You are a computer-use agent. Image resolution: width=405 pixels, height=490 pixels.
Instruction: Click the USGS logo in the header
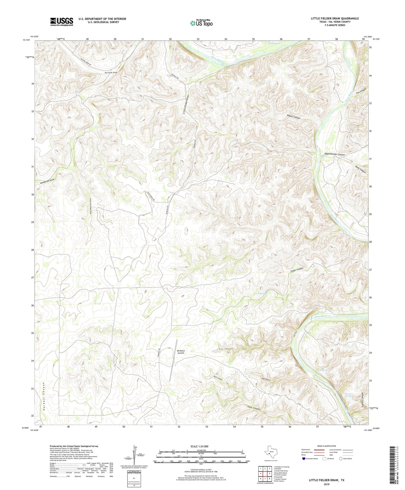point(62,22)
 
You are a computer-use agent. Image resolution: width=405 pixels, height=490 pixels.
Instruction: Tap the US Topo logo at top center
point(201,23)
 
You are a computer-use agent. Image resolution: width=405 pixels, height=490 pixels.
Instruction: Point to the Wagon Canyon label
point(293,116)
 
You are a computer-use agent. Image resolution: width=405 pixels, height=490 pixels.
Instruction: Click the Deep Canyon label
point(360,169)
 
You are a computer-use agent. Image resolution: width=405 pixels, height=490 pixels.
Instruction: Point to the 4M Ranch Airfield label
point(181,352)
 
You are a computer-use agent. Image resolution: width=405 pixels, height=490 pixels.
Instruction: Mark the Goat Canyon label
point(254,408)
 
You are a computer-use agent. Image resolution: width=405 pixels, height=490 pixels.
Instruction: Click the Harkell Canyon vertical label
point(44,397)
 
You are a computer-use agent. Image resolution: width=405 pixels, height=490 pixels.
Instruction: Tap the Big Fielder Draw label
point(111,73)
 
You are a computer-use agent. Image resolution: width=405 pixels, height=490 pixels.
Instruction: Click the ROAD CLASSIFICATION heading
point(327,446)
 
